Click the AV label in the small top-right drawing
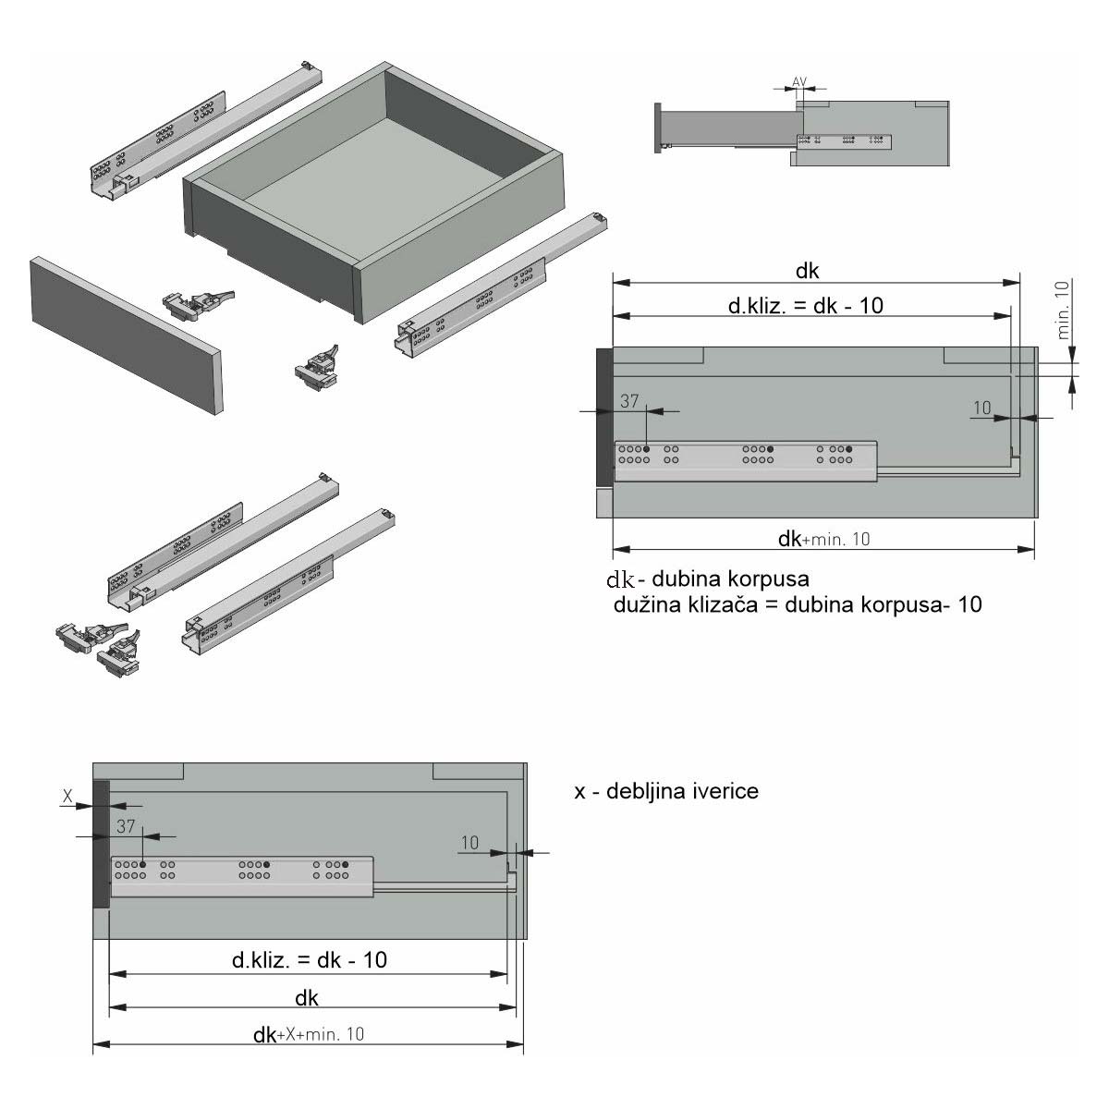point(798,81)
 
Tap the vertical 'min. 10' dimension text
point(1063,310)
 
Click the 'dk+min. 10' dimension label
point(823,539)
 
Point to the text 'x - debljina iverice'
point(665,791)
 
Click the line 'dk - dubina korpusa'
point(708,579)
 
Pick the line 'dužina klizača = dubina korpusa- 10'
point(797,604)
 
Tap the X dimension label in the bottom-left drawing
point(67,797)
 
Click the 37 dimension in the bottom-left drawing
point(126,826)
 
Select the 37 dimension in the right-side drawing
point(629,401)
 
